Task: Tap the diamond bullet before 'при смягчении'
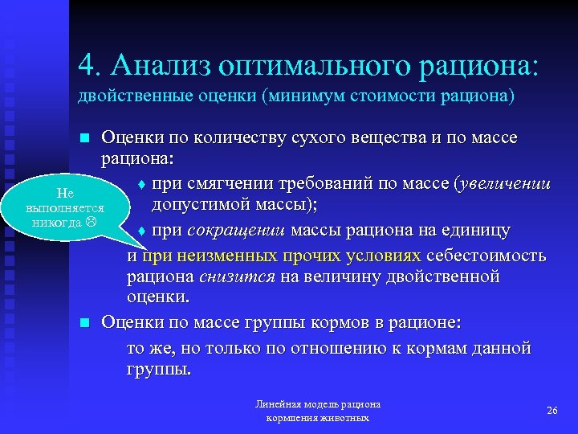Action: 140,185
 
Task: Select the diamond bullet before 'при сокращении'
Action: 140,231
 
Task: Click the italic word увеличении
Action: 503,184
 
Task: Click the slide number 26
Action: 552,410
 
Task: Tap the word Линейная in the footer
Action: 276,404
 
